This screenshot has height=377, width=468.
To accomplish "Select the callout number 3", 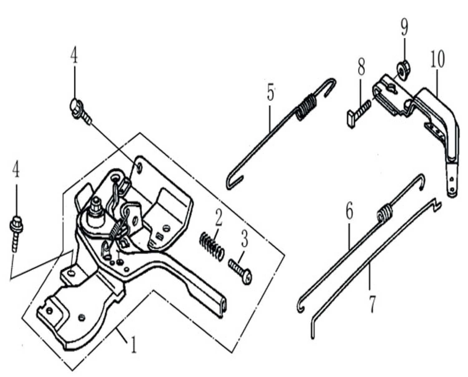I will click(x=244, y=239).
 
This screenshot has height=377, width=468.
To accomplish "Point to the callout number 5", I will click(x=270, y=91).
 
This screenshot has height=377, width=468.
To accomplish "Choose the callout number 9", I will click(x=404, y=28).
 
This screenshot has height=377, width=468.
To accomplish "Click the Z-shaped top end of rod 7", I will click(x=437, y=203).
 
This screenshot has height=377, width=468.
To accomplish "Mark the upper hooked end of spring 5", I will click(x=330, y=85).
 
